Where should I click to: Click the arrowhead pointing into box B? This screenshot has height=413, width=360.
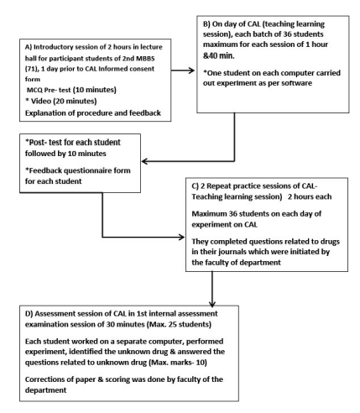pos(192,71)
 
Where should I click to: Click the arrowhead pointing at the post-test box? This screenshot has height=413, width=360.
pos(144,161)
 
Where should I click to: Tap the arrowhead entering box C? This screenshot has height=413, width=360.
pos(182,238)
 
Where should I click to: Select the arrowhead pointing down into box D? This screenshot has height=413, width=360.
pos(212,304)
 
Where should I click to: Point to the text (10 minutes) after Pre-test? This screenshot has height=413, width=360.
pos(95,90)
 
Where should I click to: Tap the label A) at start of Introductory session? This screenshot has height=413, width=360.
pos(29,47)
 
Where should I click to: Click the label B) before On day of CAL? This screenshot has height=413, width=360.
pos(206,24)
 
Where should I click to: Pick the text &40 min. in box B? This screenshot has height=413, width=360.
pos(219,55)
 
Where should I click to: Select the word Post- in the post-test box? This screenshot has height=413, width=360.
pos(35,143)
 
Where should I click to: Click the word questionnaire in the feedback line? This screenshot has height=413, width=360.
pos(84,170)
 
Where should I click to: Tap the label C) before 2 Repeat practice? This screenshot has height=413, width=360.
pos(195,186)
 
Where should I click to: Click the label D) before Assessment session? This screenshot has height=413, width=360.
pos(29,314)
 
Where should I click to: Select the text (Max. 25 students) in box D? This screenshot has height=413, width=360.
pos(180,324)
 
